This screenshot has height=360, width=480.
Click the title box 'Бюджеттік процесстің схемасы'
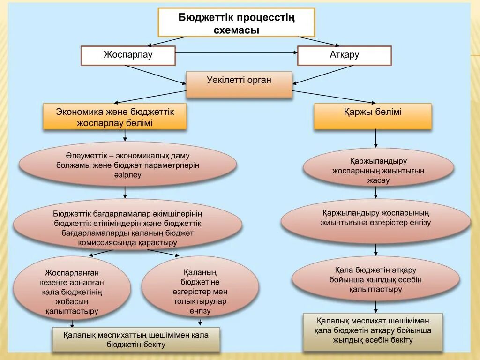tap(236, 22)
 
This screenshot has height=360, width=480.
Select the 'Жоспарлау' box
tap(128, 55)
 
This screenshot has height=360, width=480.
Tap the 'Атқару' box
tap(344, 55)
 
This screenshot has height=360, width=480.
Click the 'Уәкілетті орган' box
tap(239, 84)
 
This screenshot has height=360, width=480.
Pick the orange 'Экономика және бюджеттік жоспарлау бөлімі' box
tap(115, 117)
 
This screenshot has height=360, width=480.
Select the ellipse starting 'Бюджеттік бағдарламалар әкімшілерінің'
tap(127, 228)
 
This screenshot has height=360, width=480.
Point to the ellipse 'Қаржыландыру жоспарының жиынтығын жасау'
tap(378, 168)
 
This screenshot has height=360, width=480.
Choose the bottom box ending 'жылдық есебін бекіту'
tap(373, 331)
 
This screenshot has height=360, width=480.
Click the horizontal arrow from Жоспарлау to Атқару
tap(236, 52)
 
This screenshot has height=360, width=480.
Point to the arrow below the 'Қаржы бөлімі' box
tap(376, 139)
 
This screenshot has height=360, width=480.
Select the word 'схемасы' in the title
tap(236, 30)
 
